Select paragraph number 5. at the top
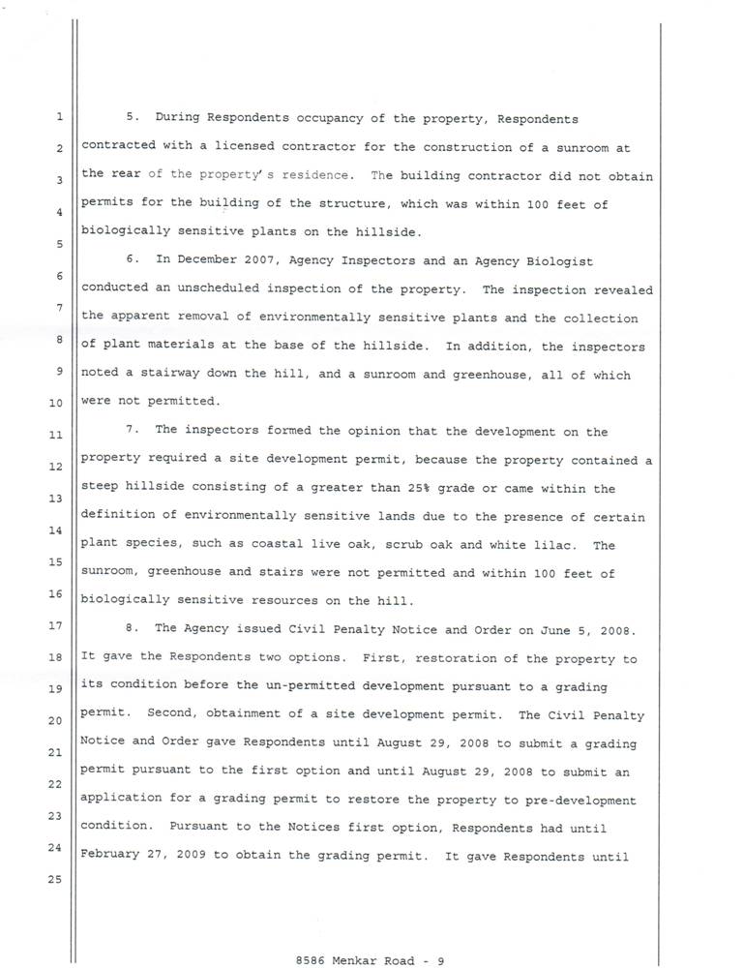pos(134,119)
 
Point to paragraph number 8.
pos(134,628)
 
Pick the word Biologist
pos(558,261)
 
